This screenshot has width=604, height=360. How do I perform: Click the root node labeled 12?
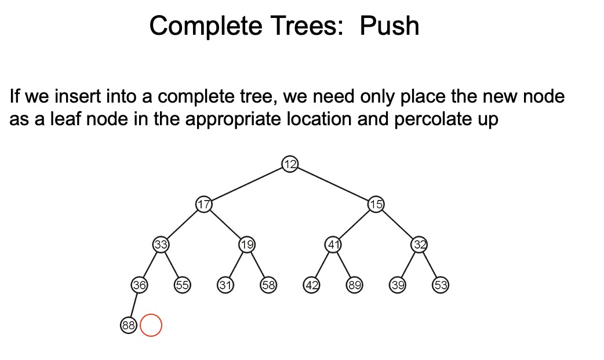290,164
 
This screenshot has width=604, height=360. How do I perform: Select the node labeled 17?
203,204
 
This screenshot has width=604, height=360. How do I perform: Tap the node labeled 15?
376,204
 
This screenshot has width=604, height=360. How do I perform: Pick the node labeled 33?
161,244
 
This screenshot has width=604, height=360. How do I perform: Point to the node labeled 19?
247,244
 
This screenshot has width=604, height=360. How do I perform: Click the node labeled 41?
333,244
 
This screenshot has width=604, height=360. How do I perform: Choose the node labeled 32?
420,244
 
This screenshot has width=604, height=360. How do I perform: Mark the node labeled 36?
139,285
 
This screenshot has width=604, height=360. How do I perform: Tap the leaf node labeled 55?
182,285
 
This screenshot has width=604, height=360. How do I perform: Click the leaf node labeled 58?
268,285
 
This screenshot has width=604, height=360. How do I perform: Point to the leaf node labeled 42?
312,285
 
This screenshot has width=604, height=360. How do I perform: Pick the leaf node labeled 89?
355,285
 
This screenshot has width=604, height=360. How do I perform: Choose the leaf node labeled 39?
398,285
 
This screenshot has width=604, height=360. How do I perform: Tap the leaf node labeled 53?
441,285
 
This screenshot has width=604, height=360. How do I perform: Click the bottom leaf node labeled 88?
128,325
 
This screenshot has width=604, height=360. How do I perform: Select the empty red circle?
151,325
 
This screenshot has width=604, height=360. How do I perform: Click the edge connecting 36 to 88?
134,305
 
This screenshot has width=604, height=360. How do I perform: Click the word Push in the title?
389,26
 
